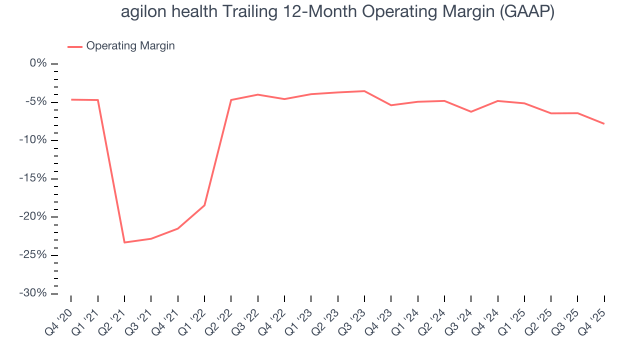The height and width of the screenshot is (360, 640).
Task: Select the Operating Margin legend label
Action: click(130, 46)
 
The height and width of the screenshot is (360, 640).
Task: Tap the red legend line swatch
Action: click(75, 46)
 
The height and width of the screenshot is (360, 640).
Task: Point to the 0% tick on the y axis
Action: click(38, 63)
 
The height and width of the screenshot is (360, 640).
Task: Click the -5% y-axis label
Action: click(36, 102)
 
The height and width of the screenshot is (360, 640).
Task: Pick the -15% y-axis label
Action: click(33, 178)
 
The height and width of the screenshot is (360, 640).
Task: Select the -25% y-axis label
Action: click(33, 255)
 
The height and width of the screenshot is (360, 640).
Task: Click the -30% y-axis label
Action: click(33, 293)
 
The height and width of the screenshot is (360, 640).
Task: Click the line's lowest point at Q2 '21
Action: click(124, 242)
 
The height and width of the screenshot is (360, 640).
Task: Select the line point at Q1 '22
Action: click(204, 205)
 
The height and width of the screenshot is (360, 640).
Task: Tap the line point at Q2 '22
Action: click(231, 100)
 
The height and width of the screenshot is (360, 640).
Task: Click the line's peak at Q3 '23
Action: click(364, 91)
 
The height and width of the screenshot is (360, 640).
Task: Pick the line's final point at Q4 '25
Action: click(604, 123)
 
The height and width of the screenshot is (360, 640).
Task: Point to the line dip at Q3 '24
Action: click(471, 111)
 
